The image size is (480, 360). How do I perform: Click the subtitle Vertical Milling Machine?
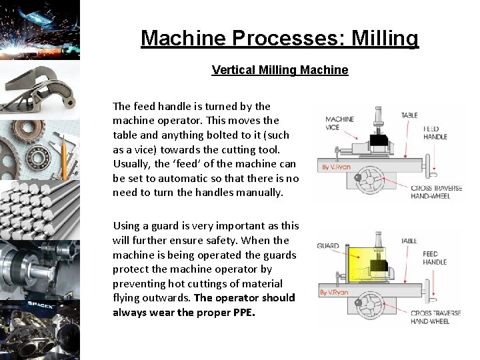tap(279, 69)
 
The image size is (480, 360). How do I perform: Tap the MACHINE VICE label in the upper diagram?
tap(340, 123)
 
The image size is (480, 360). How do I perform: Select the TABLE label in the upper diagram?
tap(409, 115)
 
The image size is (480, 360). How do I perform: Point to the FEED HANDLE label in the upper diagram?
tap(435, 132)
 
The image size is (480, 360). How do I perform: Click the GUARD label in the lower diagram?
tap(327, 246)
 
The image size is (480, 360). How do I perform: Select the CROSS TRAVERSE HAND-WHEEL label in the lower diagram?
tap(436, 317)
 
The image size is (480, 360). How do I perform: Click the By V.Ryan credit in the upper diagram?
tap(335, 166)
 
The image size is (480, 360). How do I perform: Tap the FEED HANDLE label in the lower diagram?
tap(435, 258)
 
